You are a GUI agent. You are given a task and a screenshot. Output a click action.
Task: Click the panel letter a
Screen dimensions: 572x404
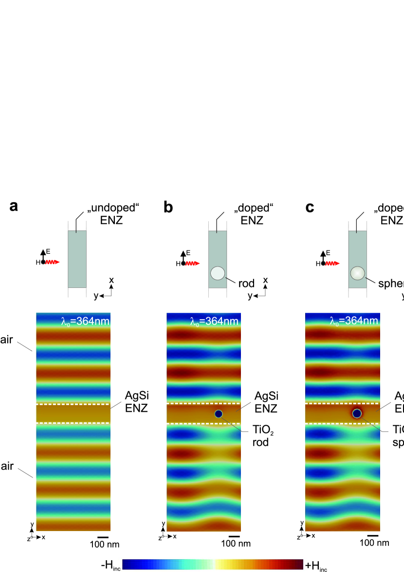(14, 207)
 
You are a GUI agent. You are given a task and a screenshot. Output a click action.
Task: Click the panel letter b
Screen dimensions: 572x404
(168, 207)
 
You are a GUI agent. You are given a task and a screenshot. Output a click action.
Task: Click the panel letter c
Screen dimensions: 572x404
(310, 207)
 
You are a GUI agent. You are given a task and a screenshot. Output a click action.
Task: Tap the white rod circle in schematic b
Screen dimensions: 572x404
(218, 273)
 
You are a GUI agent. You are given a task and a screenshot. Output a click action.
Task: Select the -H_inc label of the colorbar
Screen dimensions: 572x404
(111, 565)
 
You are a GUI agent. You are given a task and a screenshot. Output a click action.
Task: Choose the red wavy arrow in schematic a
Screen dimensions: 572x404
(53, 262)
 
